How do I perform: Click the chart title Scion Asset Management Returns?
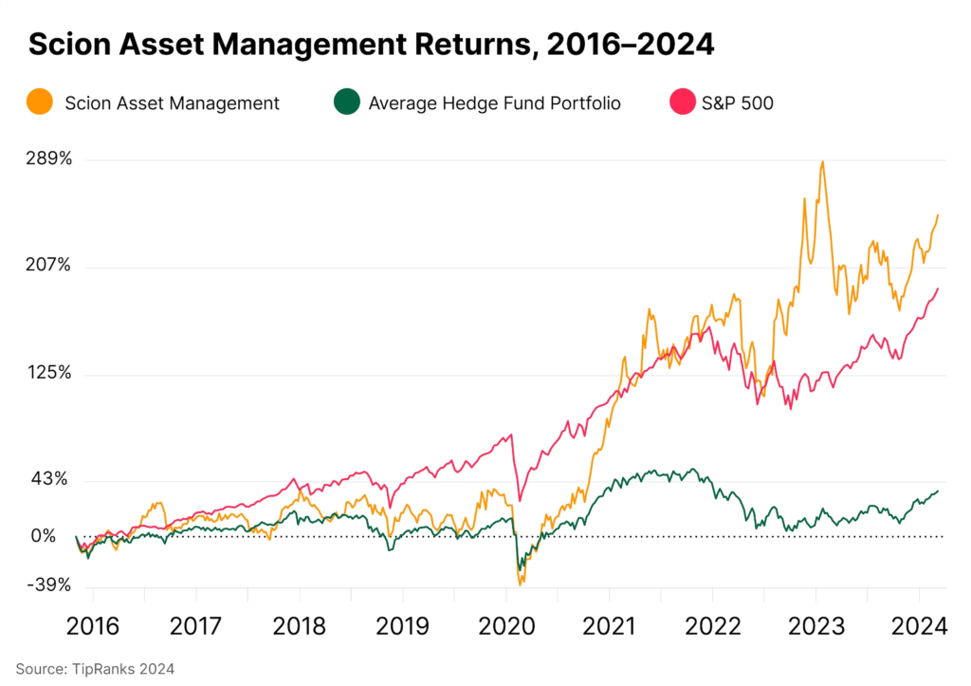[371, 43]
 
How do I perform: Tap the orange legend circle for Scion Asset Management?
[40, 102]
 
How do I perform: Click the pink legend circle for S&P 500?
[683, 102]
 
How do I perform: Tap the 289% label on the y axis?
[47, 158]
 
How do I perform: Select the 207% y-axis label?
[47, 266]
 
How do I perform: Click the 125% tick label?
[47, 373]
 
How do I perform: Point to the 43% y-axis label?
[51, 480]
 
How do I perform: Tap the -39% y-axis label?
[47, 585]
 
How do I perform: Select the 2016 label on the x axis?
[93, 627]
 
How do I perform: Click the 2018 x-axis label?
[300, 627]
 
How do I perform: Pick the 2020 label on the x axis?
[506, 627]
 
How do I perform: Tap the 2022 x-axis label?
[713, 627]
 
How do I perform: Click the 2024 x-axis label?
[919, 627]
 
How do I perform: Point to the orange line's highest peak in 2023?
[822, 162]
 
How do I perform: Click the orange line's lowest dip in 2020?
[521, 584]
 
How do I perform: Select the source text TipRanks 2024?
[95, 669]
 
